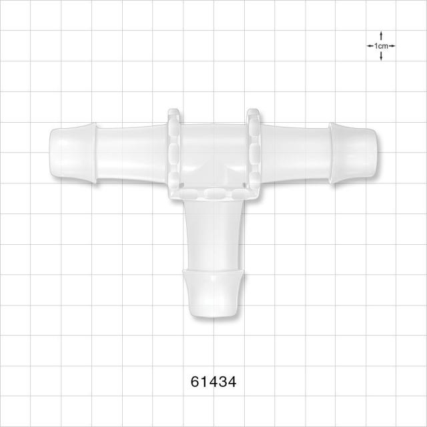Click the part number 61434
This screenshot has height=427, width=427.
coord(213,382)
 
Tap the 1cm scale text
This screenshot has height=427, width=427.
coord(381,46)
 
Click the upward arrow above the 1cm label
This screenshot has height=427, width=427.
coord(381,36)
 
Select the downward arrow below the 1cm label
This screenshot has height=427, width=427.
coord(381,56)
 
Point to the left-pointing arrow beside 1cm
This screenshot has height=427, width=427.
coord(370,46)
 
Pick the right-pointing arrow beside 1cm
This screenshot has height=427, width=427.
coord(392,46)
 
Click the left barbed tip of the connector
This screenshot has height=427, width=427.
coord(73,153)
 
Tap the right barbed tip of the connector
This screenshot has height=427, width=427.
coord(353,153)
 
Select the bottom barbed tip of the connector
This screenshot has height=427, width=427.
coord(213,294)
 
